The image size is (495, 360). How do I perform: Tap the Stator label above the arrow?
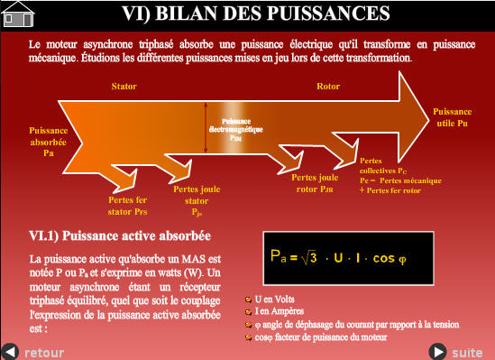(x=124, y=87)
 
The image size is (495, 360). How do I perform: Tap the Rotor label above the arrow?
(x=328, y=87)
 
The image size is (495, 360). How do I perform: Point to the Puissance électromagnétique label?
(x=236, y=130)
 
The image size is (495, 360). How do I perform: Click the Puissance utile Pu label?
(x=452, y=116)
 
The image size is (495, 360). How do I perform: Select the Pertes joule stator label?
(x=197, y=201)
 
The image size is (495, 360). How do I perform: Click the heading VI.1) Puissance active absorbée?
(x=120, y=236)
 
